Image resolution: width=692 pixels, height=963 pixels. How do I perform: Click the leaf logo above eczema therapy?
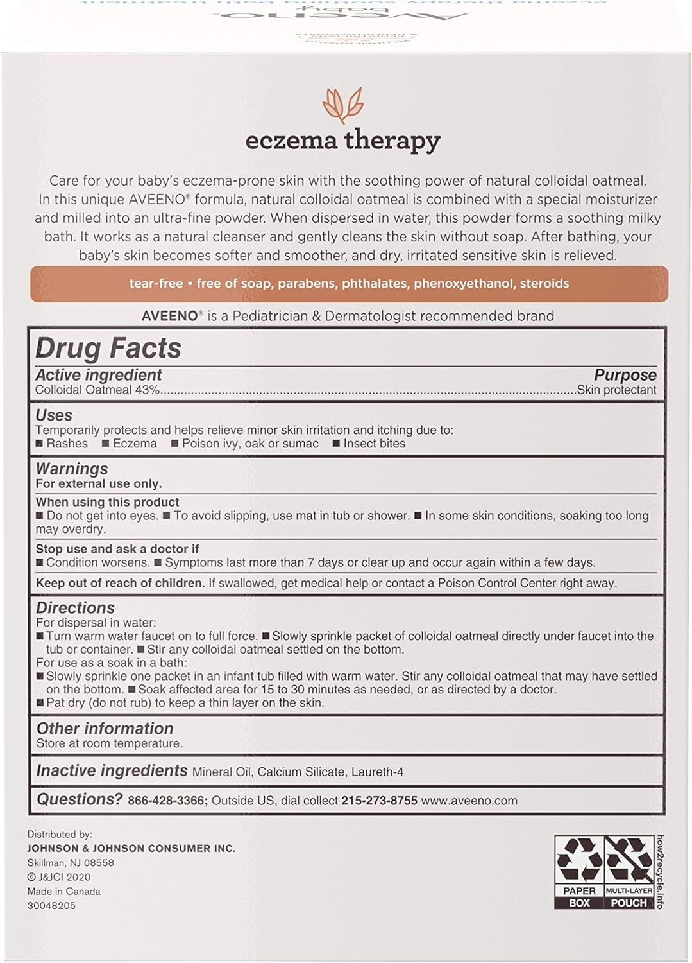click(x=343, y=105)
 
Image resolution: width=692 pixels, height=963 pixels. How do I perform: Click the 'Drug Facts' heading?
click(x=108, y=348)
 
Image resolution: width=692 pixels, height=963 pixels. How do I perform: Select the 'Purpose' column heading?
click(x=625, y=375)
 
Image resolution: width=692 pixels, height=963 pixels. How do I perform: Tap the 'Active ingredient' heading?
click(x=98, y=375)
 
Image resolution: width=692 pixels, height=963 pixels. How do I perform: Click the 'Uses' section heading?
click(x=54, y=415)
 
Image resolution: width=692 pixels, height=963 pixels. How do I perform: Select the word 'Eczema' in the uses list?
click(x=135, y=444)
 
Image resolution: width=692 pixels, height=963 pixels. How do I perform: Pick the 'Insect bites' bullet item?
click(x=374, y=444)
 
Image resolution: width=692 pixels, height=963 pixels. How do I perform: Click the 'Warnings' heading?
click(x=72, y=469)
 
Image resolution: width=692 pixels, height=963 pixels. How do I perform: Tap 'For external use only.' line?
click(x=99, y=483)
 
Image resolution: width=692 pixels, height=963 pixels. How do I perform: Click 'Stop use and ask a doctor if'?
click(x=117, y=549)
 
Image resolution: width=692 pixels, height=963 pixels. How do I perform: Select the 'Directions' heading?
click(x=75, y=608)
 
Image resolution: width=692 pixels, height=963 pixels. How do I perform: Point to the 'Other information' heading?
click(x=105, y=729)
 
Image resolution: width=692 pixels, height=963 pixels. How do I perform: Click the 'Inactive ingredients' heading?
click(x=112, y=771)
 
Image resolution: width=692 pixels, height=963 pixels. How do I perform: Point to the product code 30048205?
click(x=51, y=905)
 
